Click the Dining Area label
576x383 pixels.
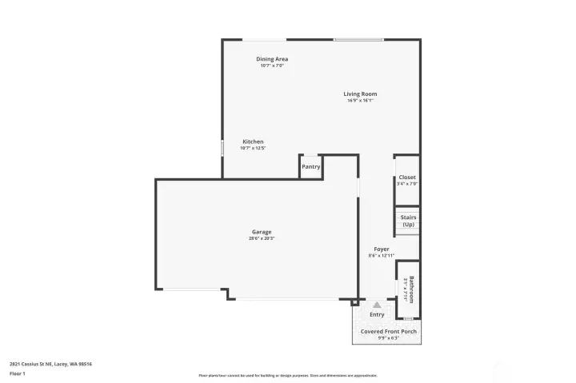[x=272, y=59]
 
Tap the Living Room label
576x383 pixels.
[x=360, y=94]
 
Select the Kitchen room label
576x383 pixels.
[x=253, y=142]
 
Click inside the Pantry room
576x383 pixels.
[x=310, y=166]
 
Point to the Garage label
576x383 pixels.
[x=262, y=232]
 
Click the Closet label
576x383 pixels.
[x=407, y=178]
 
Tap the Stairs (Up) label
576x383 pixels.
[x=408, y=220]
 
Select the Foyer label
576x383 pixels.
[x=382, y=249]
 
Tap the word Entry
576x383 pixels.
[x=377, y=314]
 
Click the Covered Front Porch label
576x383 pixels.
[x=388, y=331]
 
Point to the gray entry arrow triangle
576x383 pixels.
[x=377, y=305]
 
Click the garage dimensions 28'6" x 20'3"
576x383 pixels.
[x=262, y=238]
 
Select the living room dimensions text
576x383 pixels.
[x=360, y=101]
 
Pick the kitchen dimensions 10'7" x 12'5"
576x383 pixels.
[x=253, y=148]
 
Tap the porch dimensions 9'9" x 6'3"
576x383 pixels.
[x=388, y=337]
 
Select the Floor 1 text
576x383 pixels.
[x=17, y=373]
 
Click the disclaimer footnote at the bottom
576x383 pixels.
[x=288, y=375]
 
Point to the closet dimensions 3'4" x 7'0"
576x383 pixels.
[x=407, y=184]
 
